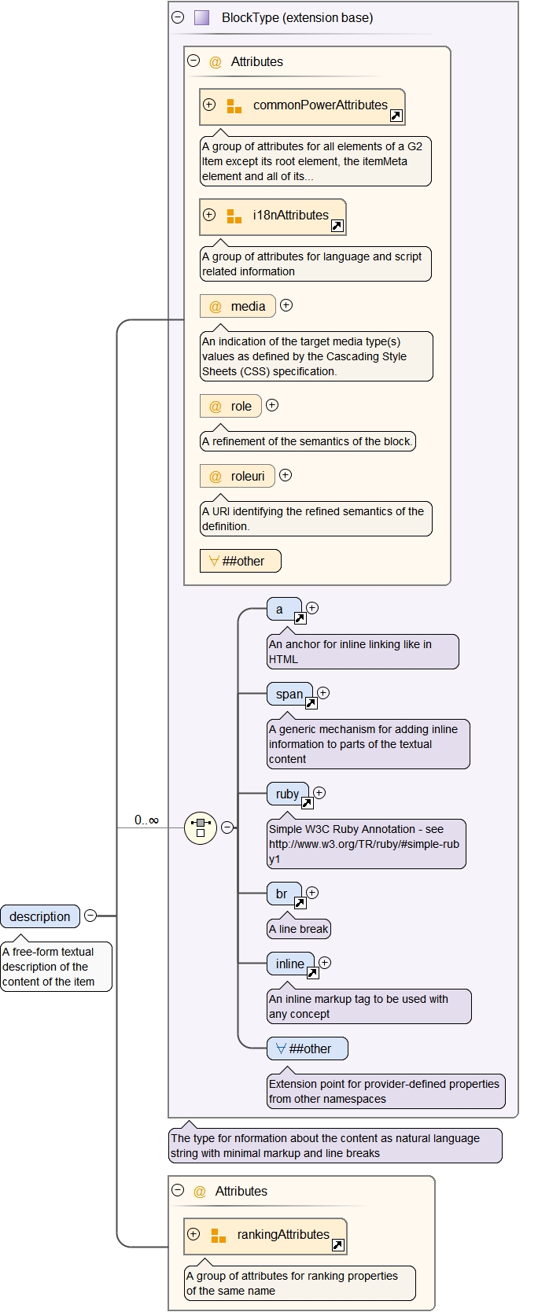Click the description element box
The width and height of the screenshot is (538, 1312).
click(x=40, y=916)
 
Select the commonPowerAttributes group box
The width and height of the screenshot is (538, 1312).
click(x=302, y=106)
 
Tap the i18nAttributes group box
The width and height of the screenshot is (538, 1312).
click(x=273, y=216)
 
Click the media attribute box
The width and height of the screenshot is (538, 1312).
click(x=238, y=306)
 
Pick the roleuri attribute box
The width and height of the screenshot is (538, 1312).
click(x=238, y=476)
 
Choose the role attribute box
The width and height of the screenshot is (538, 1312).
click(x=230, y=407)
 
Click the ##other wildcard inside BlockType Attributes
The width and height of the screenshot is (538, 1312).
click(x=240, y=561)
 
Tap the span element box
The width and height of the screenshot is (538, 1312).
click(x=289, y=695)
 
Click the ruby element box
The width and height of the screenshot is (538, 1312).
click(x=287, y=794)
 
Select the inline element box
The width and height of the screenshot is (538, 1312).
click(x=290, y=964)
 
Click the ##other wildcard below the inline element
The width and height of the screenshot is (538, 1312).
click(x=307, y=1048)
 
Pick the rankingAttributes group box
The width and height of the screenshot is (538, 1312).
click(x=265, y=1236)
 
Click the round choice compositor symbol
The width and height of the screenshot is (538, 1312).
click(x=201, y=827)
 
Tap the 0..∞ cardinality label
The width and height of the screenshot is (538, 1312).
click(x=146, y=820)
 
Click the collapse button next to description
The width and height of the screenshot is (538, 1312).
click(x=90, y=916)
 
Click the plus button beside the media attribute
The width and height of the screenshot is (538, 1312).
click(x=286, y=305)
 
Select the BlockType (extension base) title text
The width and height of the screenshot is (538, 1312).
click(x=297, y=17)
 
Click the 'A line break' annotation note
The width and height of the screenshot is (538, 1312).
click(x=299, y=929)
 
